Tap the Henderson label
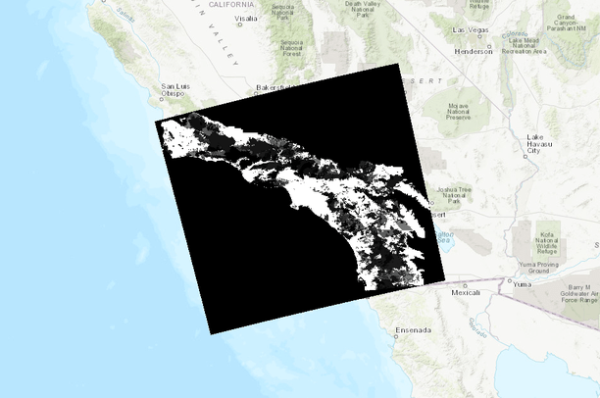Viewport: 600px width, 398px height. pyautogui.click(x=474, y=51)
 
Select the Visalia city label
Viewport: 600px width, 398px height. pyautogui.click(x=246, y=19)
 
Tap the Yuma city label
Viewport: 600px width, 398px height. pyautogui.click(x=526, y=283)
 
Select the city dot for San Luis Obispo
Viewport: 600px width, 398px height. pyautogui.click(x=162, y=98)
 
